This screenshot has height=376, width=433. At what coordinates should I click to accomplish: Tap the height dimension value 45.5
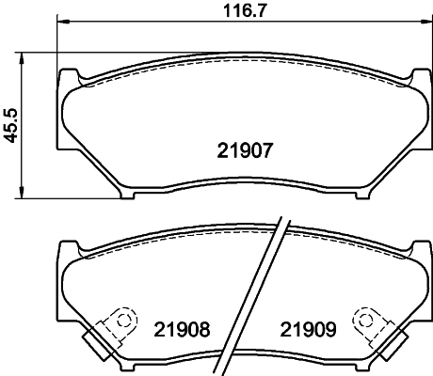point(11,124)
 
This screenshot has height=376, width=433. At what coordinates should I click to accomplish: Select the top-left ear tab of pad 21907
point(69,75)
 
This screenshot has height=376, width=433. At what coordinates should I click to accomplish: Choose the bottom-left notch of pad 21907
point(128,196)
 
